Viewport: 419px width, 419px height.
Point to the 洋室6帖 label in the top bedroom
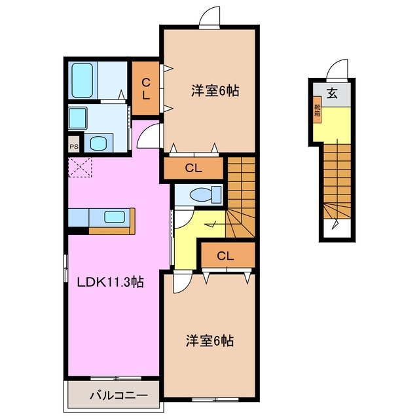tap(214, 92)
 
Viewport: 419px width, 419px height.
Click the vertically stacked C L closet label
tap(146, 88)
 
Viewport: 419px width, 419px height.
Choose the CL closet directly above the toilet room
tap(193, 168)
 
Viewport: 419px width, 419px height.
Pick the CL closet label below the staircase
tap(226, 256)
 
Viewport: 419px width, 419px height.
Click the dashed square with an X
tap(82, 167)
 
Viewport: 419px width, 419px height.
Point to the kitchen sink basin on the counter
tap(115, 217)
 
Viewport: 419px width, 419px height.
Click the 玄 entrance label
tap(333, 94)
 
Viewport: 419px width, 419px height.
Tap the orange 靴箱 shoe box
tap(317, 111)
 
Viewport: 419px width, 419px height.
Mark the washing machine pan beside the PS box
tap(100, 144)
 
